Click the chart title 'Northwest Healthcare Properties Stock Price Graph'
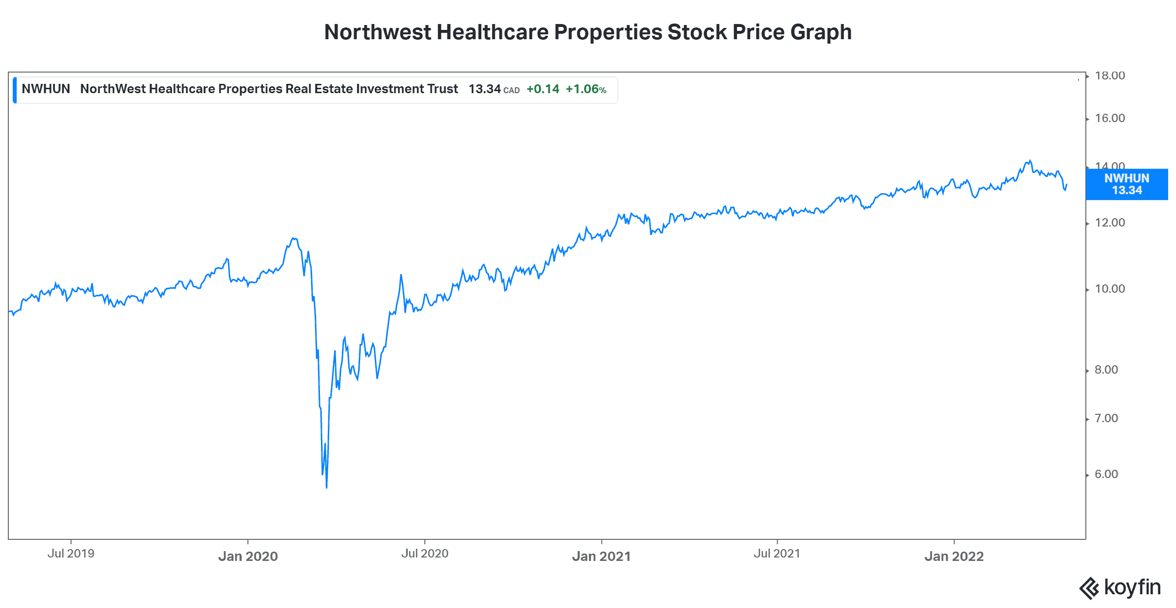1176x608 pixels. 588,32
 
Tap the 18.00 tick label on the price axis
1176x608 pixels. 1110,76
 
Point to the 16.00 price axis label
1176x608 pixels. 1110,118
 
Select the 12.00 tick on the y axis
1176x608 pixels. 1110,223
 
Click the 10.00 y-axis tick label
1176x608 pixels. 1110,289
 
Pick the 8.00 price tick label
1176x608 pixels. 1106,370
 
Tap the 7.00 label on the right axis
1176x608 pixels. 1106,418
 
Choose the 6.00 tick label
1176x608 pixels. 1106,474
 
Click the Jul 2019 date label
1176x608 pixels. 71,554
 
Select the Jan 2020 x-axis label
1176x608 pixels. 248,556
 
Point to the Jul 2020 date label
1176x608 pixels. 425,554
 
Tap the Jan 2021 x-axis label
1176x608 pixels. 601,556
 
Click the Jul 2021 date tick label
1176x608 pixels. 777,554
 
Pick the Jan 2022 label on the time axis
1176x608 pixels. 954,556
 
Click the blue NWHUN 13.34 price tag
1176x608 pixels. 1127,184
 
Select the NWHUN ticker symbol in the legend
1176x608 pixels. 46,89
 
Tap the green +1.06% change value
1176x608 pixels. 586,89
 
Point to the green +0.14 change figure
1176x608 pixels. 543,89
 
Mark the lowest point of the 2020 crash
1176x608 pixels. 326,487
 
